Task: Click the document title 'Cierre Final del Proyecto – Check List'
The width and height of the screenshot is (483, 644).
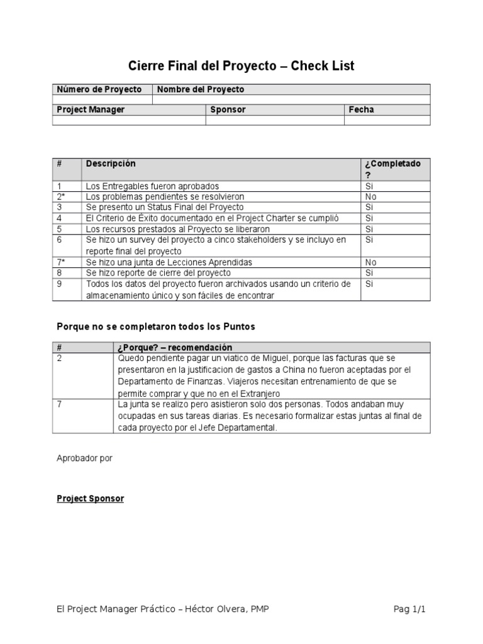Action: pos(241,66)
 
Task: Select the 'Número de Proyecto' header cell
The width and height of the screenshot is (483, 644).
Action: pos(99,89)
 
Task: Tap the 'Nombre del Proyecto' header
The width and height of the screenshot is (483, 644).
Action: pos(201,89)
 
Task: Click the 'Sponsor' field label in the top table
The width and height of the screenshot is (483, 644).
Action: pos(228,109)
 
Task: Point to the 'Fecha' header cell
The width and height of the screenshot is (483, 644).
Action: pos(361,109)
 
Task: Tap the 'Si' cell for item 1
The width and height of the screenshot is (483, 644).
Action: pos(369,186)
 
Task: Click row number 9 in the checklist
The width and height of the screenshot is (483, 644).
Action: pos(59,284)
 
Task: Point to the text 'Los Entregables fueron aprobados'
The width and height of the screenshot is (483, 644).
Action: pos(153,186)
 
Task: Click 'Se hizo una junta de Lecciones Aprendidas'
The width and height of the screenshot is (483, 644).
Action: pos(169,262)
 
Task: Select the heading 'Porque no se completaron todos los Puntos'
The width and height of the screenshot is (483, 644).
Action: pos(156,327)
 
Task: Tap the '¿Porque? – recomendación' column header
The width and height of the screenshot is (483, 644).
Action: pos(175,348)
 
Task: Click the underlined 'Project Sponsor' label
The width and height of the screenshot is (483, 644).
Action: pos(90,499)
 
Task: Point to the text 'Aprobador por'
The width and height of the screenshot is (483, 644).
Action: pos(84,458)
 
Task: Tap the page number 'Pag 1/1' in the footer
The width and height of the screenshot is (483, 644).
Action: pos(414,609)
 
